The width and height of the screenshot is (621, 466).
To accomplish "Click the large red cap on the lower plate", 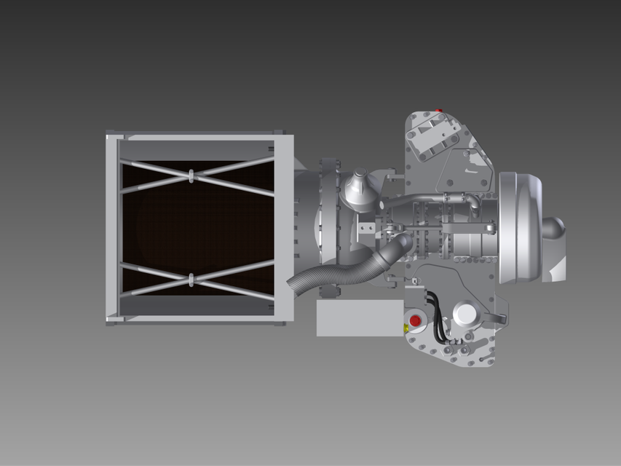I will click(x=415, y=320).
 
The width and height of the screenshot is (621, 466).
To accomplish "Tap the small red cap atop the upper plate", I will click(x=438, y=111).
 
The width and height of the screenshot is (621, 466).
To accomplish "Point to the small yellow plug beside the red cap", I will click(x=406, y=328).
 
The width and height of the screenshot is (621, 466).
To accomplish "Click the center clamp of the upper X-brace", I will click(x=191, y=175).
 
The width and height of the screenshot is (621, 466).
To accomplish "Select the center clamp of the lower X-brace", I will click(x=191, y=279).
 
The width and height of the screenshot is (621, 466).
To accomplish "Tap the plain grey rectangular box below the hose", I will click(x=359, y=317).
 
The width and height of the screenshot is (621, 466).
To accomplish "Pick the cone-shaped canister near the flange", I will click(x=358, y=188).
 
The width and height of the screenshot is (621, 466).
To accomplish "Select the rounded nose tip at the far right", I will click(x=555, y=227).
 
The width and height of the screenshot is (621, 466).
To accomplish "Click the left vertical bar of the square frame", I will click(x=112, y=227).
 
